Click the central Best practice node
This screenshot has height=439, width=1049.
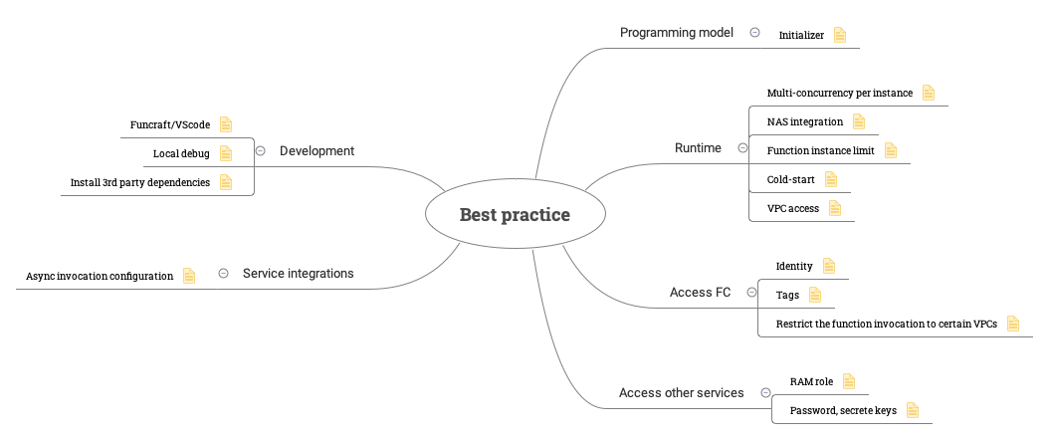(x=516, y=214)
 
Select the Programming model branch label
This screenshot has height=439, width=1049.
(x=677, y=32)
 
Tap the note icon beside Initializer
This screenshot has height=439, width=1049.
(x=840, y=35)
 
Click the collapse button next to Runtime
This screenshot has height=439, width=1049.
(x=742, y=148)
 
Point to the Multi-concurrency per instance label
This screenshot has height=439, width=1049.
(x=840, y=93)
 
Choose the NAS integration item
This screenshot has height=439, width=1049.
(x=805, y=121)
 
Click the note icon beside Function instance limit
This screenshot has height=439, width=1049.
(x=891, y=150)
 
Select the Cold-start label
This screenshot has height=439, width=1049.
(x=791, y=179)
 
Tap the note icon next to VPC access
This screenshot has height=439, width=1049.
(x=834, y=208)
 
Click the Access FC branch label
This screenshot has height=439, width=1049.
(x=700, y=293)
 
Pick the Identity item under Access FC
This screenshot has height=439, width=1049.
(x=794, y=267)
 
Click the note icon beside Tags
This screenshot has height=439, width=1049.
(x=814, y=295)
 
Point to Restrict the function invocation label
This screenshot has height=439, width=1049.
(x=887, y=324)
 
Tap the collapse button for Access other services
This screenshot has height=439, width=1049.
(x=766, y=393)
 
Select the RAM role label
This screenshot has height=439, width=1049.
(x=811, y=382)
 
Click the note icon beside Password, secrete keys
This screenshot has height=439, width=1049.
(x=912, y=410)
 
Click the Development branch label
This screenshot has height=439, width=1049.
(x=316, y=151)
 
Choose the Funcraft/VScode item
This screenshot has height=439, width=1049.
(x=170, y=125)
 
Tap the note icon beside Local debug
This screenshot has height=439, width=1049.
(x=226, y=153)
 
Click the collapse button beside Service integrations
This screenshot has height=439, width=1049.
(x=224, y=273)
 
